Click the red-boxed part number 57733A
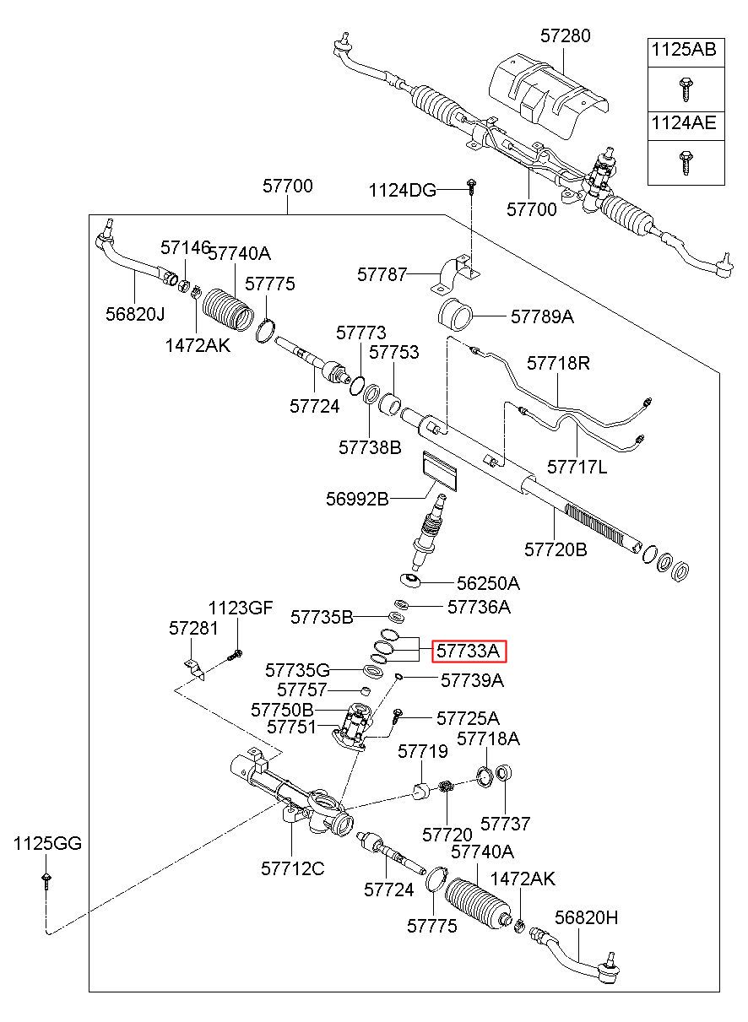tap(469, 651)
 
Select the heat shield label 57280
tap(566, 36)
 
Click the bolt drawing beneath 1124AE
tap(685, 162)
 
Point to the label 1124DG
tap(402, 190)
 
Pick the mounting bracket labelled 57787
tap(455, 276)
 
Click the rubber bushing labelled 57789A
tap(455, 315)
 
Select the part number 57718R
tap(558, 363)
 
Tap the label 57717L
tap(577, 467)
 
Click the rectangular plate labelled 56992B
tap(440, 471)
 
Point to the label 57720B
tap(556, 549)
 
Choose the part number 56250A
tap(488, 583)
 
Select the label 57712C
tap(293, 868)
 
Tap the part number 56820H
tap(587, 917)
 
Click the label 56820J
tap(135, 314)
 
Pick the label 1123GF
tap(241, 608)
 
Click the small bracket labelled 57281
tap(195, 670)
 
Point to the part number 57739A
tap(472, 680)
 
